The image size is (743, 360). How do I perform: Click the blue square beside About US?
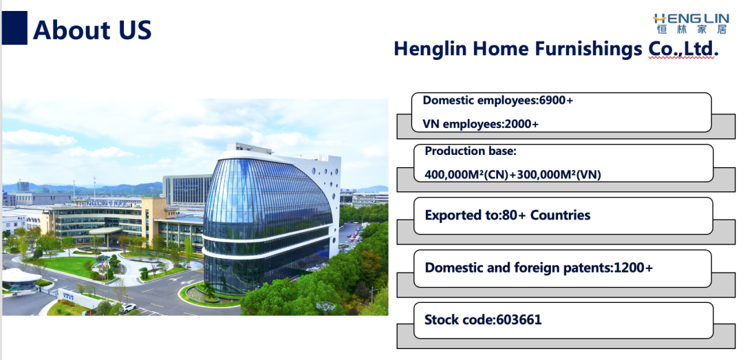(x=14, y=28)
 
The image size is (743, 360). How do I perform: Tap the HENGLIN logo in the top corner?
(x=690, y=23)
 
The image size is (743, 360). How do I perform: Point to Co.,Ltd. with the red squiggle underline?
(x=683, y=49)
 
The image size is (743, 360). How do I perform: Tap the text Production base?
(x=470, y=151)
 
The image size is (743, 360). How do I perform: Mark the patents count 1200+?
(x=633, y=268)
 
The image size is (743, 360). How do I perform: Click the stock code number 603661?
(x=519, y=319)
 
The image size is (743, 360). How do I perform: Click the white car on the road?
(x=129, y=308)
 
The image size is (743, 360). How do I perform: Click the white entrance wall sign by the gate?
(x=78, y=298)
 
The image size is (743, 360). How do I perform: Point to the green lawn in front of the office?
(x=70, y=266)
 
